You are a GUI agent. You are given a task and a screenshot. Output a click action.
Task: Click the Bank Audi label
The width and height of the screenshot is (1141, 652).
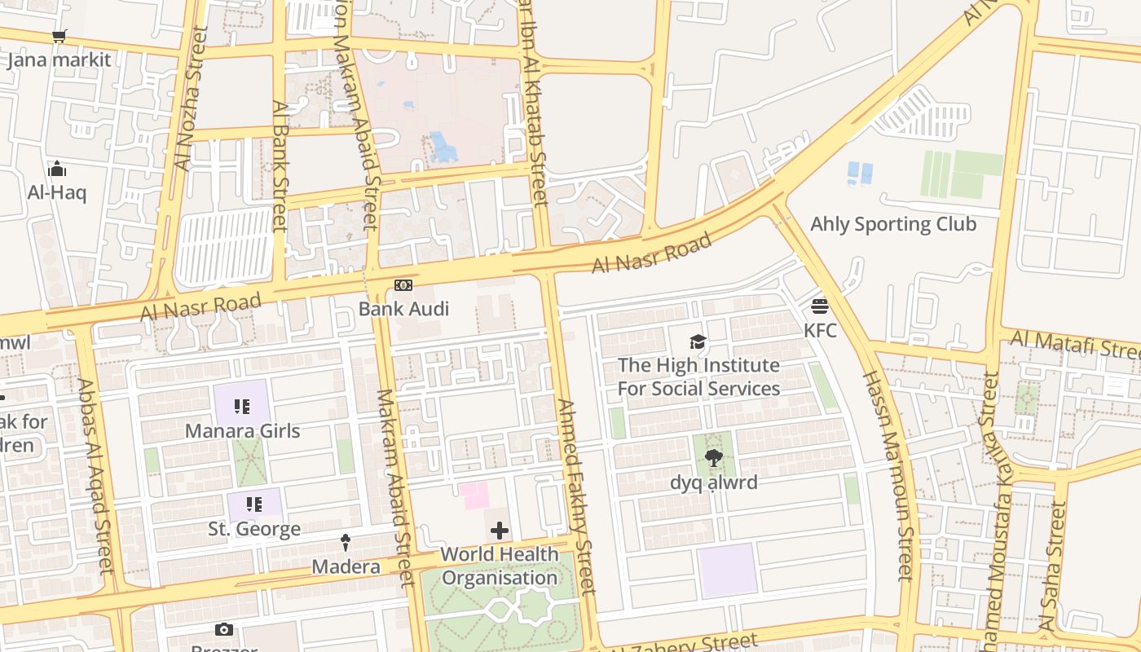pyautogui.click(x=404, y=309)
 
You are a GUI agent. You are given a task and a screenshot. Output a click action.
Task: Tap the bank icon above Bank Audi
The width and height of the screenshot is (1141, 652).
pyautogui.click(x=403, y=285)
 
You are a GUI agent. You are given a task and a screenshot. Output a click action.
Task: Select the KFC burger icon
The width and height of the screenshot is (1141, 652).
pyautogui.click(x=820, y=306)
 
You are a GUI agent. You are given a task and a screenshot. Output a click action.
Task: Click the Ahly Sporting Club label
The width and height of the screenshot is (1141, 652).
pyautogui.click(x=893, y=224)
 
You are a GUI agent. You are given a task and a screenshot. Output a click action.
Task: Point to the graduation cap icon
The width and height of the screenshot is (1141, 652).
pyautogui.click(x=698, y=341)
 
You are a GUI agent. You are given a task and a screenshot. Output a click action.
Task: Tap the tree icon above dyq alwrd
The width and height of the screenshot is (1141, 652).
pyautogui.click(x=713, y=458)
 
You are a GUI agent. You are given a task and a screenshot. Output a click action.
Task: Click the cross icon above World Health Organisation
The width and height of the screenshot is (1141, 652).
pyautogui.click(x=500, y=531)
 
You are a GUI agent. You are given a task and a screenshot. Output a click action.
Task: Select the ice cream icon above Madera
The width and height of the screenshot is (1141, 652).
pyautogui.click(x=346, y=543)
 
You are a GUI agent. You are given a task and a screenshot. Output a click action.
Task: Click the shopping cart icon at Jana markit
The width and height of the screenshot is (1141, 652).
pyautogui.click(x=59, y=36)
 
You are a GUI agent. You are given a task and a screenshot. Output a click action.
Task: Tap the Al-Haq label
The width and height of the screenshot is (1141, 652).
pyautogui.click(x=56, y=192)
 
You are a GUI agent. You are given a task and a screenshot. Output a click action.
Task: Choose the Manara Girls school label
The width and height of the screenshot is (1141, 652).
pyautogui.click(x=243, y=430)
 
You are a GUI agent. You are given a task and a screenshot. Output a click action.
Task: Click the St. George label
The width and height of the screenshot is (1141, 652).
pyautogui.click(x=254, y=529)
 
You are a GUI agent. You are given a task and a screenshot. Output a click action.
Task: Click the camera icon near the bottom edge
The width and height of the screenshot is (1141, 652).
pyautogui.click(x=223, y=629)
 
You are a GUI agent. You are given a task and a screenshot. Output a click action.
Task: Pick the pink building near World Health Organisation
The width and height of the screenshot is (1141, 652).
pyautogui.click(x=475, y=496)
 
